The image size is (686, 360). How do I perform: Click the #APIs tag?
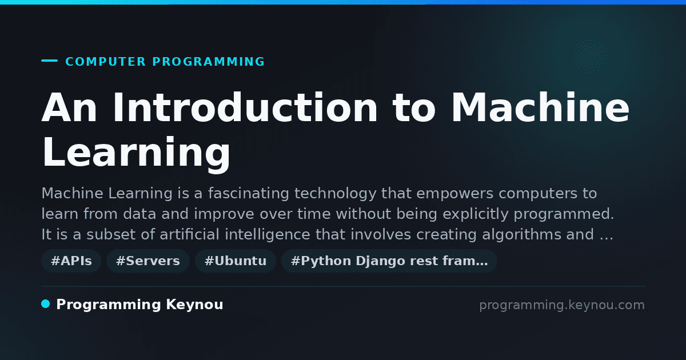tap(71, 261)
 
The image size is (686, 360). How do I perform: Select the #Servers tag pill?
tap(148, 261)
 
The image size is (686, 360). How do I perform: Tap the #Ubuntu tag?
tap(236, 261)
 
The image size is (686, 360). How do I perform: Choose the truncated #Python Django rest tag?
tap(389, 261)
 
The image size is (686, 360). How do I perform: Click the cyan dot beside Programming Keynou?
tap(46, 304)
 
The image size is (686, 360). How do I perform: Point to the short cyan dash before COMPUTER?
tap(49, 61)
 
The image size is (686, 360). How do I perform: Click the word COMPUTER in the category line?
tap(106, 62)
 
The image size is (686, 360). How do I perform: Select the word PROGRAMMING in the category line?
tap(208, 62)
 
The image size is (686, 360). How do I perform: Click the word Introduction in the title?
tap(245, 107)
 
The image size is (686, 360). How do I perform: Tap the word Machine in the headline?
tap(541, 107)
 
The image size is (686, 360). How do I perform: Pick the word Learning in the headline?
tap(136, 153)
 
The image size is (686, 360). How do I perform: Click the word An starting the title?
tap(70, 107)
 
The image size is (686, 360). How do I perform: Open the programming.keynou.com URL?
tap(562, 305)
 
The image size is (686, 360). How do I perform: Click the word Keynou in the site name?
tap(194, 305)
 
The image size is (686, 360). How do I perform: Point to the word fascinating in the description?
tap(248, 193)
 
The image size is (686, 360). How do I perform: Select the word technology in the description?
tap(335, 193)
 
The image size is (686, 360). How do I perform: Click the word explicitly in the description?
tap(476, 214)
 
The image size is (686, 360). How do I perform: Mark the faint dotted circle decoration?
tap(591, 57)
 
